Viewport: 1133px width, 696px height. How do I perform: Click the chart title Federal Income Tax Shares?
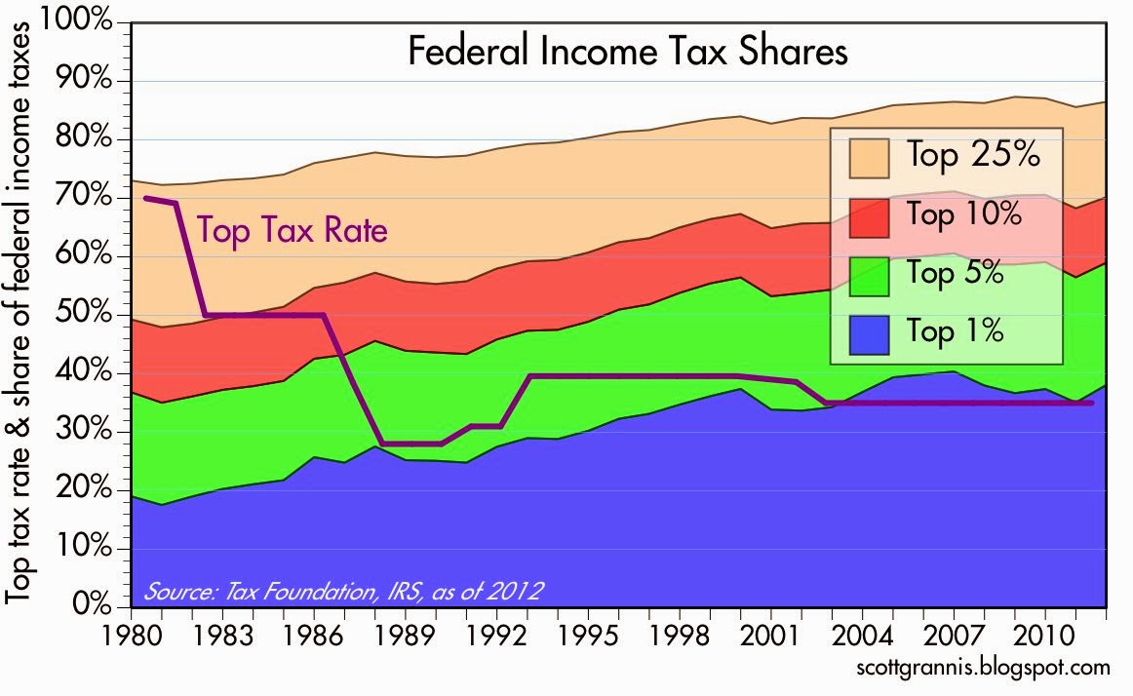(627, 51)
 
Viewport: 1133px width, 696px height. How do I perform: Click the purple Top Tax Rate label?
(293, 231)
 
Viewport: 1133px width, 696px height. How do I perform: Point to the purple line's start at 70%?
(146, 198)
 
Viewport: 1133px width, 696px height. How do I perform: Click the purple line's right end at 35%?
(1090, 403)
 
